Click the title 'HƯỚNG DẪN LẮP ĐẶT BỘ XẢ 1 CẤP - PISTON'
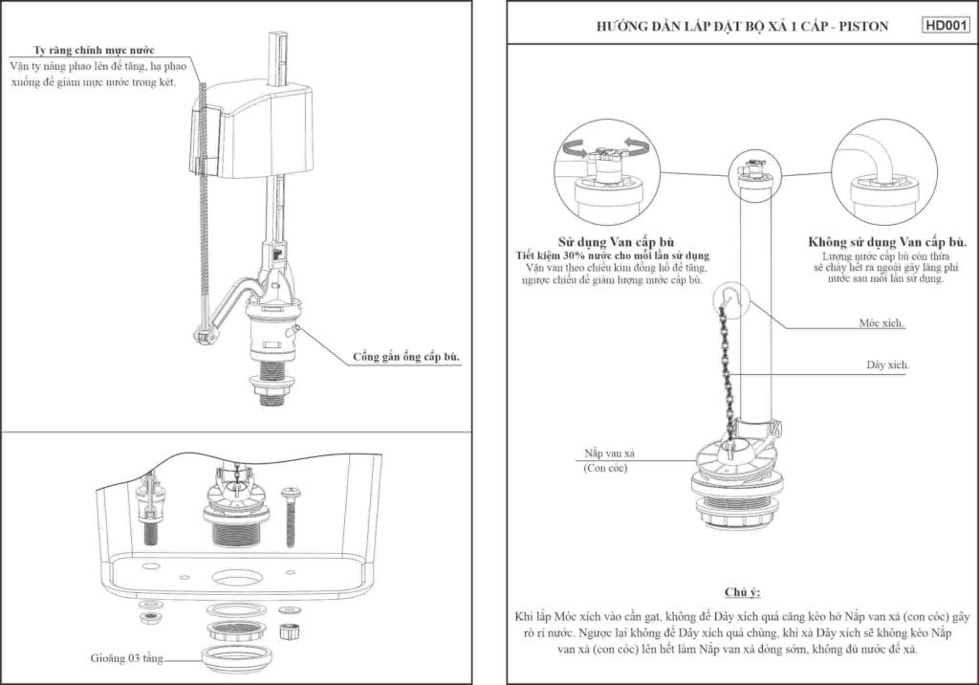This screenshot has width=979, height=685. point(741,27)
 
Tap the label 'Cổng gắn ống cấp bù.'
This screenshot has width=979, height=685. point(406,357)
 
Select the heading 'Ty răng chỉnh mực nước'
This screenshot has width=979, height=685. point(95,49)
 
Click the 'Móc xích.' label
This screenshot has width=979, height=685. point(881,324)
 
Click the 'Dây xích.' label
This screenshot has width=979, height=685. point(887,365)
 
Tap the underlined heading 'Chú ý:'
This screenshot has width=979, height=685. point(742,592)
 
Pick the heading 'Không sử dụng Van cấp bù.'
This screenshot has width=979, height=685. point(887,242)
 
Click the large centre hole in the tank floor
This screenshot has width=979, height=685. point(234,578)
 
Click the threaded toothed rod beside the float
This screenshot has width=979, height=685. point(204,210)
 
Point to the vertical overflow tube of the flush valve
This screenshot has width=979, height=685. point(753,306)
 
